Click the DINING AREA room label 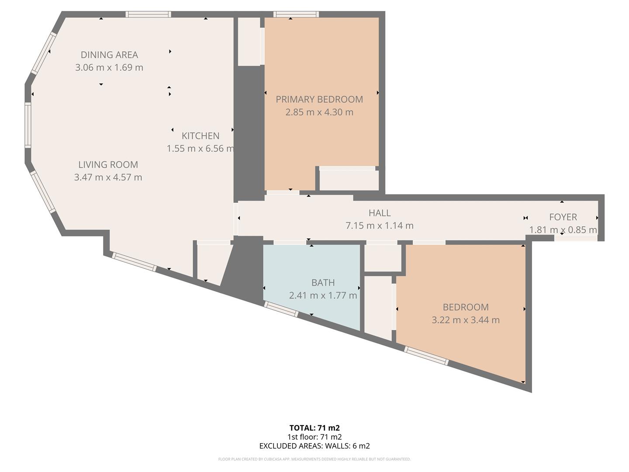[x=109, y=55]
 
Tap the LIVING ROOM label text [x=108, y=165]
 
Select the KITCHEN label [x=200, y=136]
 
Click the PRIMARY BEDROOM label [x=319, y=99]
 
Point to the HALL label [x=379, y=213]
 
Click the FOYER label [x=563, y=217]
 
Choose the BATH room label [x=323, y=283]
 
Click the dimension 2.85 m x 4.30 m [x=319, y=112]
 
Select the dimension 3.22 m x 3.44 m [x=466, y=320]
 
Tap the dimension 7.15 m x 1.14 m [x=379, y=226]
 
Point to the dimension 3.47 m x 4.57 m [x=108, y=177]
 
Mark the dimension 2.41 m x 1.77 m [x=323, y=295]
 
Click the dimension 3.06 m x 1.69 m [x=109, y=68]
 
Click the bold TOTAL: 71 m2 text [x=314, y=428]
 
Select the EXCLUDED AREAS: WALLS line [x=314, y=446]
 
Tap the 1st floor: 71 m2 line [x=314, y=437]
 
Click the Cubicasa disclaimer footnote [x=314, y=459]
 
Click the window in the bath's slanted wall [x=281, y=309]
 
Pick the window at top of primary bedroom [x=297, y=14]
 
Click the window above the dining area [x=149, y=14]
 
